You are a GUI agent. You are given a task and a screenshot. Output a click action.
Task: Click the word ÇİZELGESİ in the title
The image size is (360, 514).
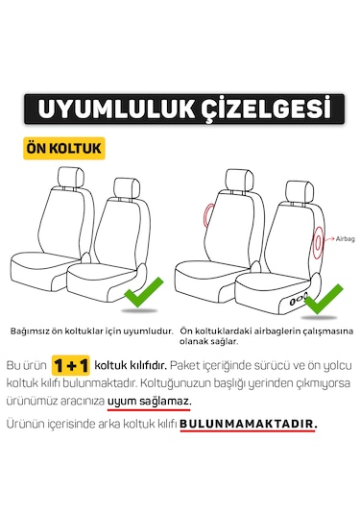coord(259,108)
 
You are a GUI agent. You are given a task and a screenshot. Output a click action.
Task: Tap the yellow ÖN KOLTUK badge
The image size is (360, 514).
coord(64,149)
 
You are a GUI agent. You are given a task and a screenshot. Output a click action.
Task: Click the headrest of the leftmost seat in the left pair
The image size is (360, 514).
coord(70,178)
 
